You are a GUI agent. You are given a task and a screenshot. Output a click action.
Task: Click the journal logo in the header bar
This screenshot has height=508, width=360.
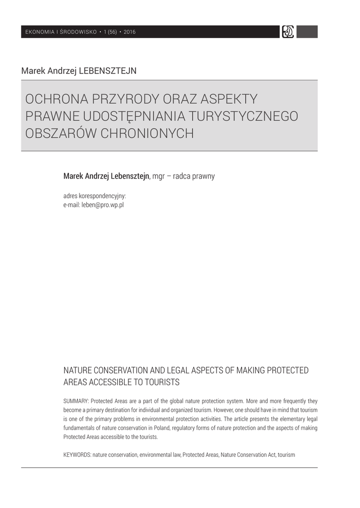(x=288, y=32)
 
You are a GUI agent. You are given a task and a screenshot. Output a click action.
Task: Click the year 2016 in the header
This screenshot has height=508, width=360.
(x=130, y=32)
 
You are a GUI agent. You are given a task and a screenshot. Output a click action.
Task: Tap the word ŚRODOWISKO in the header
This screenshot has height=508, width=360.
(x=78, y=32)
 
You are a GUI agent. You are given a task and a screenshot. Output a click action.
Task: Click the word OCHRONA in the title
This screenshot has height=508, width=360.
(x=56, y=99)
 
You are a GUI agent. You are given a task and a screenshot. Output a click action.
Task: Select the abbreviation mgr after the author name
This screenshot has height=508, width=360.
(x=159, y=176)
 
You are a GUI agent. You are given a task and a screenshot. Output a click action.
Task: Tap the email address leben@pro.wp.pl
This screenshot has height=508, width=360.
(x=102, y=204)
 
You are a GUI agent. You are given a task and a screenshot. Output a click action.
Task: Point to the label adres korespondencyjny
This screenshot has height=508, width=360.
(x=94, y=196)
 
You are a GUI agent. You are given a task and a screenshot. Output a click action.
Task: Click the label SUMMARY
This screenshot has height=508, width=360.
(x=76, y=401)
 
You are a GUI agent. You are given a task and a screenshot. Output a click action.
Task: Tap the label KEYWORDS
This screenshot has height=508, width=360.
(x=77, y=454)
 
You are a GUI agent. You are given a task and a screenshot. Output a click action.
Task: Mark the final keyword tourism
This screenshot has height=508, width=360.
(x=287, y=454)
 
